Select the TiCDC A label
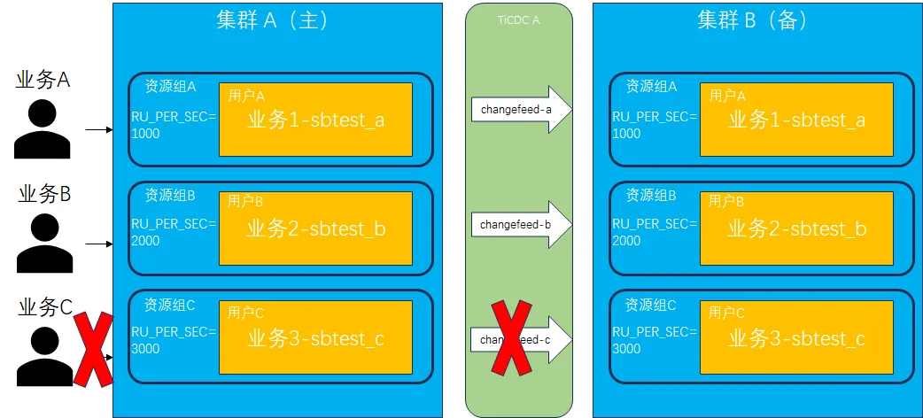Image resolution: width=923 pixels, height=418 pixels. [x=519, y=19]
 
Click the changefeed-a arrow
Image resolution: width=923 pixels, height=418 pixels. [x=521, y=110]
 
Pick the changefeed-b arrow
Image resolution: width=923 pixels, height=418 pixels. [x=521, y=225]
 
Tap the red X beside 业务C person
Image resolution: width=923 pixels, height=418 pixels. [x=93, y=349]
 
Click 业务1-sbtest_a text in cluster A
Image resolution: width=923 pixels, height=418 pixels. [x=315, y=120]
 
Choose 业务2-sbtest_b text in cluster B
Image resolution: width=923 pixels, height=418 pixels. [x=796, y=229]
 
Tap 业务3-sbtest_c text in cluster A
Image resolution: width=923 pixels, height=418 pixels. [x=315, y=338]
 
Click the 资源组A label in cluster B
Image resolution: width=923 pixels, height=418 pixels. [x=651, y=87]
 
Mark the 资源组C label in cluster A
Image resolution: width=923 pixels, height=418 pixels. [x=170, y=306]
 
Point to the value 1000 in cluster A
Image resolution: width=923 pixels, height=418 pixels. [x=145, y=134]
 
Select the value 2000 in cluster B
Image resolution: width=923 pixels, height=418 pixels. [x=626, y=241]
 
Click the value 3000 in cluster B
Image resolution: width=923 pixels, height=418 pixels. [x=626, y=349]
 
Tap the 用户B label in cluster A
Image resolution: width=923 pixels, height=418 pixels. [x=245, y=202]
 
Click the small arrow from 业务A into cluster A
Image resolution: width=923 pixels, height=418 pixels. [x=98, y=129]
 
